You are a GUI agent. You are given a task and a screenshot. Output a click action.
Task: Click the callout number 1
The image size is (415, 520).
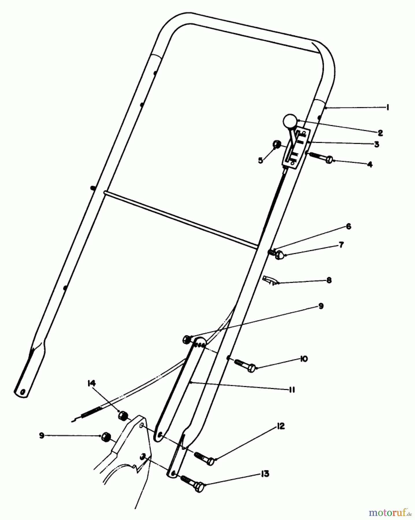tap(388, 107)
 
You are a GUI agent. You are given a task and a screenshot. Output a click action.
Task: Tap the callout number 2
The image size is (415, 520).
tap(380, 133)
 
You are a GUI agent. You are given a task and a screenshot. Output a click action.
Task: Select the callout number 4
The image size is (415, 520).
tap(370, 164)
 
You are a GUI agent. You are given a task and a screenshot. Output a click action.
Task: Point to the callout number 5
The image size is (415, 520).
tap(260, 160)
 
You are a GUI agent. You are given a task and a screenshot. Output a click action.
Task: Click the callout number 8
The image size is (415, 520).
tap(329, 280)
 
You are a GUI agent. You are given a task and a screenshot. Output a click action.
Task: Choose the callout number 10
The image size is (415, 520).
tap(304, 359)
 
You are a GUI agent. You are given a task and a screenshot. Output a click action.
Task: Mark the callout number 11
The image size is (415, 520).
tap(292, 390)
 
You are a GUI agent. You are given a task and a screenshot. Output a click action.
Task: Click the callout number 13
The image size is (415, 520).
tap(265, 474)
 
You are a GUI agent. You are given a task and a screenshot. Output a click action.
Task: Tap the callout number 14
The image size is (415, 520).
tap(91, 383)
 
